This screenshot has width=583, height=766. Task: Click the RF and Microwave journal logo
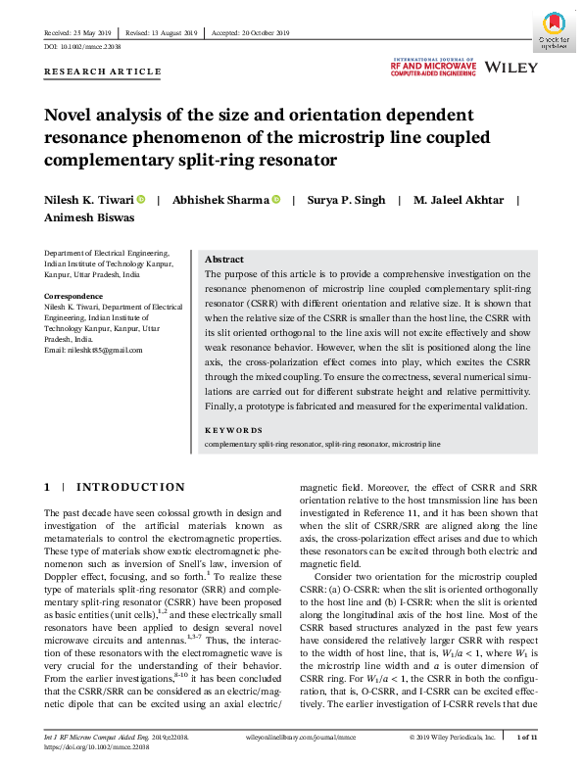click(434, 67)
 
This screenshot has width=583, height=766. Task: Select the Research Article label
click(102, 72)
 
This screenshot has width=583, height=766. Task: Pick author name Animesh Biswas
click(88, 219)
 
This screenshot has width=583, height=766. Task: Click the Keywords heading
click(233, 457)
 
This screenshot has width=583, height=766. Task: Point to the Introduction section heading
click(129, 487)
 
